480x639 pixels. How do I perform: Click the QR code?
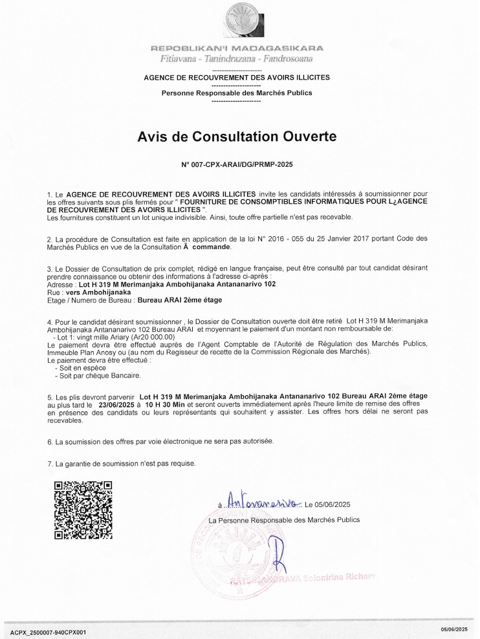point(83,510)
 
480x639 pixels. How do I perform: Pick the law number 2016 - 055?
point(329,239)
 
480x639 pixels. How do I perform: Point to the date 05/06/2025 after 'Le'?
point(333,504)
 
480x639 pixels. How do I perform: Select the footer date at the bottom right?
point(455,629)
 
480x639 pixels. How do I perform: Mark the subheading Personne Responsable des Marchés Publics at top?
point(236,92)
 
